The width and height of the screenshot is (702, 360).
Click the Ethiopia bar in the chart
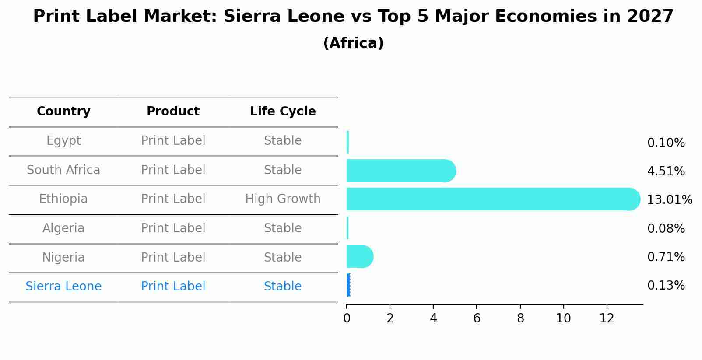(x=490, y=199)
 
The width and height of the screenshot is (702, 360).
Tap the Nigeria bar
(x=359, y=257)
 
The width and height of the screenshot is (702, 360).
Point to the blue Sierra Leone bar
(x=348, y=285)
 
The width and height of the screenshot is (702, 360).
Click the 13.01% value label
(x=669, y=200)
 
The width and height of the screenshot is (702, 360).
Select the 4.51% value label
(x=666, y=171)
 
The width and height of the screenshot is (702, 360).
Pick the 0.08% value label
(x=666, y=228)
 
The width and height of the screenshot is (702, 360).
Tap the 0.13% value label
(x=666, y=286)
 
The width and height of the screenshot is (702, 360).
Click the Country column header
(x=63, y=112)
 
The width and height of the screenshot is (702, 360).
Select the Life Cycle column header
(x=283, y=112)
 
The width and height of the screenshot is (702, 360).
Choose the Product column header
(x=173, y=112)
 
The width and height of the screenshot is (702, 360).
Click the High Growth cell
(x=283, y=199)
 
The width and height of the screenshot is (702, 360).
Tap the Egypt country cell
(x=63, y=141)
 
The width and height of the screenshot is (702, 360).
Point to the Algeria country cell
(x=63, y=228)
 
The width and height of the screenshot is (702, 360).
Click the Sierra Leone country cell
(x=63, y=287)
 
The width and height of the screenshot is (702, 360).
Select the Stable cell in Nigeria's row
(x=283, y=257)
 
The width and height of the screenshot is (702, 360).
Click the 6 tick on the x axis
(x=477, y=318)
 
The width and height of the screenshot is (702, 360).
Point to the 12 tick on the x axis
(x=607, y=318)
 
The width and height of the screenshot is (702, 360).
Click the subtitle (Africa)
(x=353, y=43)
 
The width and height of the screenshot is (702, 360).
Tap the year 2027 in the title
(x=650, y=17)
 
